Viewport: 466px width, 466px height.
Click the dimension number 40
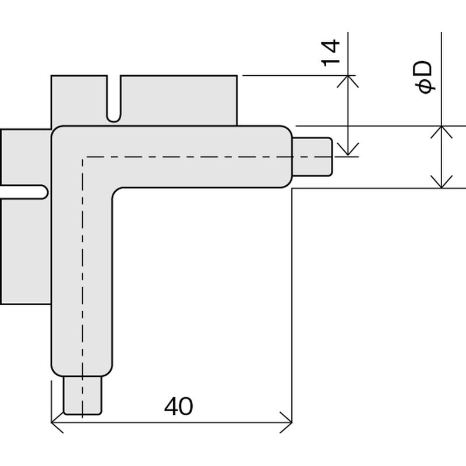(178, 406)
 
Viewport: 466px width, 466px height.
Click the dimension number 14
(330, 53)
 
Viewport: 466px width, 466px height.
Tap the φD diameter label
(424, 77)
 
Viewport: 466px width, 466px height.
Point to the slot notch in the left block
(24, 192)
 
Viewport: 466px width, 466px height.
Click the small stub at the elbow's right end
(312, 157)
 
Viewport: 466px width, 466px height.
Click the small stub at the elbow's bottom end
(82, 396)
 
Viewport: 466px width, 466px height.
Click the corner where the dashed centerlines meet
(83, 157)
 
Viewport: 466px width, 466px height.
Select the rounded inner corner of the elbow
(115, 191)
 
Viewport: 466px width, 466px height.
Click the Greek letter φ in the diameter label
(426, 87)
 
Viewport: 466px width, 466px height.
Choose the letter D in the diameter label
(423, 69)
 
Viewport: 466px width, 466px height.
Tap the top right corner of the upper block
(237, 76)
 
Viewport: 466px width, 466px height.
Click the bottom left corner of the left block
(1, 303)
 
